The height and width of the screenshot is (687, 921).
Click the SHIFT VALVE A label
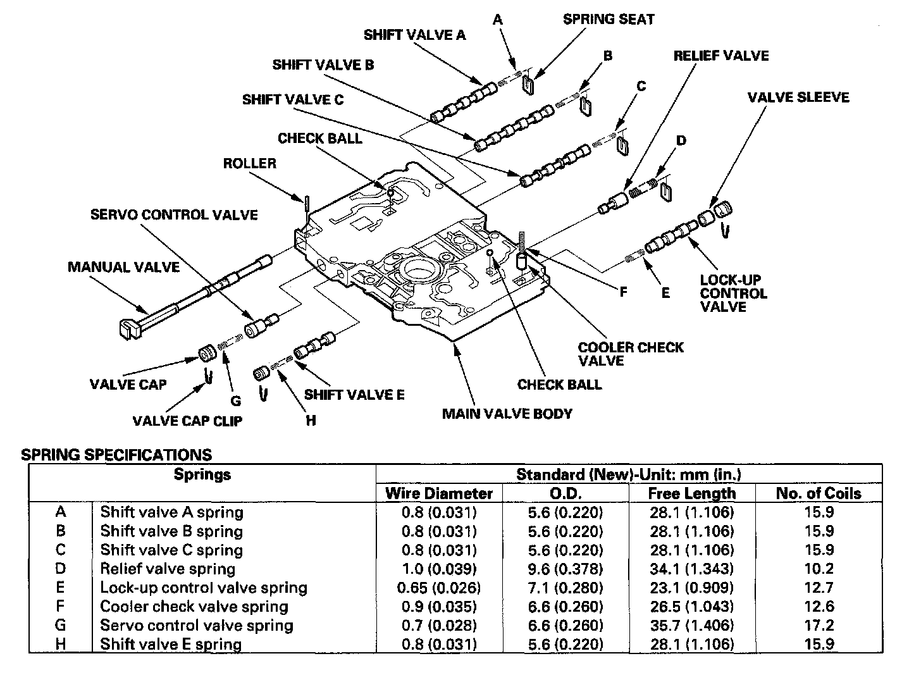(414, 35)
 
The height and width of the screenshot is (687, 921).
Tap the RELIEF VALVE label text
(720, 56)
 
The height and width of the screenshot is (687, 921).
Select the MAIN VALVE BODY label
(507, 414)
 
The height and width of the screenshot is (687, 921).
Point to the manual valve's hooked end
(129, 328)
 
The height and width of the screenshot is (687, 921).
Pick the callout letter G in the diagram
(235, 400)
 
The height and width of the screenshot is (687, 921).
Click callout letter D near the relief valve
(681, 140)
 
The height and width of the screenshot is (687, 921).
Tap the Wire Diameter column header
(439, 493)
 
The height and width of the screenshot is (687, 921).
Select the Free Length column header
(692, 493)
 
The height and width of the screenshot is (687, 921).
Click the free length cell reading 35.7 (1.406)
(692, 626)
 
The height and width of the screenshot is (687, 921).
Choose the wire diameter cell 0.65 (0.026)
(439, 588)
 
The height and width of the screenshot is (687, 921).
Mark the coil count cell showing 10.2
(819, 569)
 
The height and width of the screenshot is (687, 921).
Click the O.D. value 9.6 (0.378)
(566, 569)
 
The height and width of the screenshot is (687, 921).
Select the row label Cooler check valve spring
(194, 607)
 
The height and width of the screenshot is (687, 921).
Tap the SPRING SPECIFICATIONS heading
(116, 455)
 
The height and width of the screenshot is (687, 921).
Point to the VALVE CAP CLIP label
(187, 421)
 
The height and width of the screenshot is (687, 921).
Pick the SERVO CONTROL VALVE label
(174, 215)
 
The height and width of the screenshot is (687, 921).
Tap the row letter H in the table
(61, 645)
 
